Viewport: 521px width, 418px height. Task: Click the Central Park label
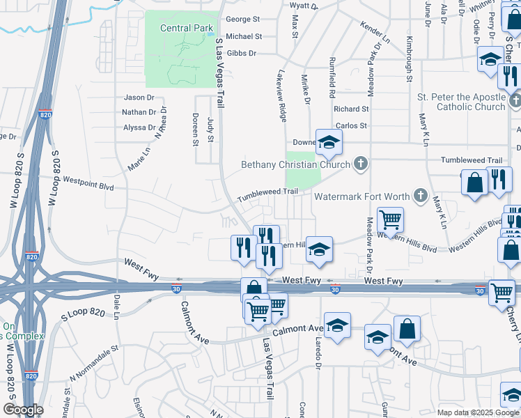(186, 29)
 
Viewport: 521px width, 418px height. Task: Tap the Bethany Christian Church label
(297, 165)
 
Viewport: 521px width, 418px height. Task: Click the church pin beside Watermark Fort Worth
(420, 196)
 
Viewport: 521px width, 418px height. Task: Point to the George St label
(242, 20)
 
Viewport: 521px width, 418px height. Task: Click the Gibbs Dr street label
(242, 53)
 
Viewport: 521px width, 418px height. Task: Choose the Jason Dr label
(139, 98)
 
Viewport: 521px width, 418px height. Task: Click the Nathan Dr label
(139, 112)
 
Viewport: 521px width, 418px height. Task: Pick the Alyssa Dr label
(139, 127)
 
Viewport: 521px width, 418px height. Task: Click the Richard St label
(351, 109)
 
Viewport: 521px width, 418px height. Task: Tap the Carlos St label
(351, 125)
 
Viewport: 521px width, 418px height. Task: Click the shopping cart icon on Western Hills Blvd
(390, 220)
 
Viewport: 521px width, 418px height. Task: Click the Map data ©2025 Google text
(477, 412)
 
